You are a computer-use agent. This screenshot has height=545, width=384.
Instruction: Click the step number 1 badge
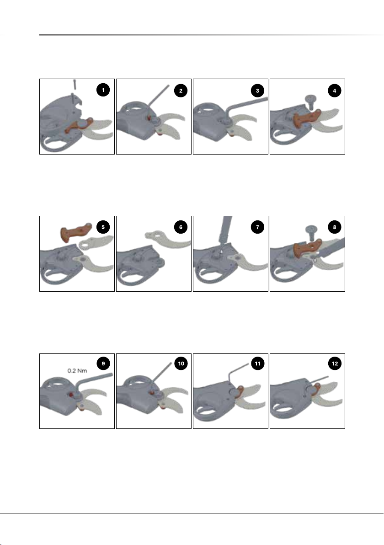103,90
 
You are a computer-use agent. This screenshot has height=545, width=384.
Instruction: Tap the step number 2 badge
181,91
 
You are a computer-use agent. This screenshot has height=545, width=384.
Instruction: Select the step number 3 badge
257,91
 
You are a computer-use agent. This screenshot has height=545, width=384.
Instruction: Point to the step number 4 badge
335,91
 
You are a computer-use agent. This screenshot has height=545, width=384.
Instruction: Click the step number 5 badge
103,227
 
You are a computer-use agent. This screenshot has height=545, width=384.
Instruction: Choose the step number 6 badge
181,227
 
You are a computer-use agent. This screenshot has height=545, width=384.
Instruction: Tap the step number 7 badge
257,227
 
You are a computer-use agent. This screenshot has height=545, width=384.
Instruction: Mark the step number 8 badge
335,227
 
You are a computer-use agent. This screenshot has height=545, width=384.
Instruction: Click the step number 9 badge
103,363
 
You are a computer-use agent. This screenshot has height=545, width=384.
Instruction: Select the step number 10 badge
181,363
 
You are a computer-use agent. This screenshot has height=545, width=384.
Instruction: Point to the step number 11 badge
257,363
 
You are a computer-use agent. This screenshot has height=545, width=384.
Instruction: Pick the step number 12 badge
335,363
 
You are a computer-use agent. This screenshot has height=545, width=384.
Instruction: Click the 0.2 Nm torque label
77,370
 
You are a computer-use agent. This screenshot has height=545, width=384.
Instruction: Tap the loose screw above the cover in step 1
75,85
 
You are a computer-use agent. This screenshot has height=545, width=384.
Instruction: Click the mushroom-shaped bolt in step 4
310,102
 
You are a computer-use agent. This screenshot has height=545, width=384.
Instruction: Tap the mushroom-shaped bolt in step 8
311,232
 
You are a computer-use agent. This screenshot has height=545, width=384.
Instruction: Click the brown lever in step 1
79,125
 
